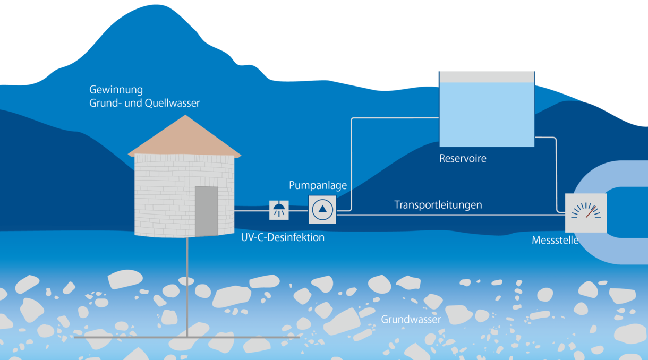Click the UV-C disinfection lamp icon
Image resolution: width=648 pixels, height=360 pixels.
pos(279,210)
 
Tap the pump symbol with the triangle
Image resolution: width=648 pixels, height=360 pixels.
pos(322,209)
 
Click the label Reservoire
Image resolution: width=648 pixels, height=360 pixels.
pos(463,158)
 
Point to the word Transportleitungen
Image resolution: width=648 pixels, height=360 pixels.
pos(438,204)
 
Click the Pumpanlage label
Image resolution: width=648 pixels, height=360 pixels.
pos(318,185)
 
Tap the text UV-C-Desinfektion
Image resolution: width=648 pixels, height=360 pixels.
pos(283,237)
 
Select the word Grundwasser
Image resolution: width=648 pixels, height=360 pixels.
pos(411,320)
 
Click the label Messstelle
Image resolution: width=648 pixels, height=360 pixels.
pos(555,240)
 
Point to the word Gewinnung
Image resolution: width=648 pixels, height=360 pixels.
pos(116,90)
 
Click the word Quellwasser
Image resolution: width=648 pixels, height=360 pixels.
pos(173,103)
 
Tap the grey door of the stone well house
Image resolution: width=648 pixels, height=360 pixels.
pos(206,211)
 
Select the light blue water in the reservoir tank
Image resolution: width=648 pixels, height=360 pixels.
pos(486,114)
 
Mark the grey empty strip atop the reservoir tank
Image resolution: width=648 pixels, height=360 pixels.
pos(486,77)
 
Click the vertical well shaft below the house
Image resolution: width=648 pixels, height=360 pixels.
pos(187,287)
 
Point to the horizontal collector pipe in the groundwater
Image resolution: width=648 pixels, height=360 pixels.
pos(186,337)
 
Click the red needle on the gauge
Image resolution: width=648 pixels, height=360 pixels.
pos(590,212)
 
